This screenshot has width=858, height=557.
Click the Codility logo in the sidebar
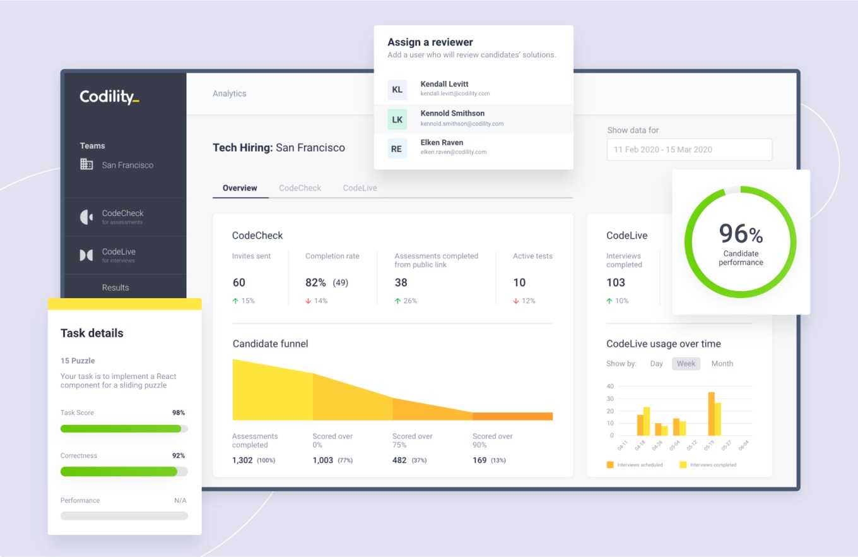109,97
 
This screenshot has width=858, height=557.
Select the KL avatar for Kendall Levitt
397,90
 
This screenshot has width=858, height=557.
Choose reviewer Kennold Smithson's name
452,114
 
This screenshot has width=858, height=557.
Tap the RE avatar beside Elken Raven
397,148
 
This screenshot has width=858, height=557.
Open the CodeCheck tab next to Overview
300,188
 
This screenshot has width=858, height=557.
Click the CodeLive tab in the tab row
360,188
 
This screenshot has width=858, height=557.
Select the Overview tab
240,188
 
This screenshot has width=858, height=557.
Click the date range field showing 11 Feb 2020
689,150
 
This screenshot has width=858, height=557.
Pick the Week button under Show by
686,364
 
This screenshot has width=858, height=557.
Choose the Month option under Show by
722,364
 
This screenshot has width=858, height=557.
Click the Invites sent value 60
238,282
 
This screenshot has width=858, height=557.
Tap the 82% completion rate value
315,282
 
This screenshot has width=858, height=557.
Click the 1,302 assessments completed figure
242,460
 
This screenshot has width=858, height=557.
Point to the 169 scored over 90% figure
479,460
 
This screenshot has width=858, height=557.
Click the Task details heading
92,333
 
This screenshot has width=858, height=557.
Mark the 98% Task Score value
179,413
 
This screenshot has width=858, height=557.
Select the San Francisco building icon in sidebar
86,164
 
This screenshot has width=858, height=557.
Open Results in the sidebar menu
115,287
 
